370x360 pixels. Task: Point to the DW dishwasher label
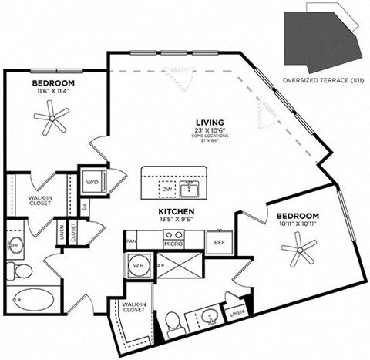(167, 188)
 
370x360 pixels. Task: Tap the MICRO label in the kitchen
(173, 245)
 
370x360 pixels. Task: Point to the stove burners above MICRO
(173, 234)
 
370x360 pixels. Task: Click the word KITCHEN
(177, 210)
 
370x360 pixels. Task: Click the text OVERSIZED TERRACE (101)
(323, 80)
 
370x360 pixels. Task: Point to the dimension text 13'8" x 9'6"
(177, 220)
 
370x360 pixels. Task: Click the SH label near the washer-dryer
(84, 207)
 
